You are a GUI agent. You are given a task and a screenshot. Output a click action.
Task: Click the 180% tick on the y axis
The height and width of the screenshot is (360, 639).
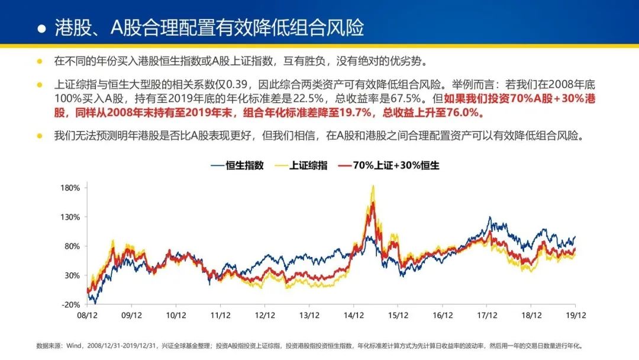tap(70, 188)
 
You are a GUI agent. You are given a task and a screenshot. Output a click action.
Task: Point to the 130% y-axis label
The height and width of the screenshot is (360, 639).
tap(70, 217)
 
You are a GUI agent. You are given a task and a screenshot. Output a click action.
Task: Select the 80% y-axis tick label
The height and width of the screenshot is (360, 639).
tap(72, 246)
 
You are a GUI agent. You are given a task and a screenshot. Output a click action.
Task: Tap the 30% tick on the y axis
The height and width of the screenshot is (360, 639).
tap(72, 275)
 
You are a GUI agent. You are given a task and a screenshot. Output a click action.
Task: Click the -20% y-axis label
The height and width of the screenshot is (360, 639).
tap(71, 304)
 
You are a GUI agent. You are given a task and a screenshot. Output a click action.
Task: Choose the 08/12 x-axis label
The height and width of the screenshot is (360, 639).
tap(87, 316)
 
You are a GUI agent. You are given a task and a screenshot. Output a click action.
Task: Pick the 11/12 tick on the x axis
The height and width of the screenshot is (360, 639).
tap(220, 316)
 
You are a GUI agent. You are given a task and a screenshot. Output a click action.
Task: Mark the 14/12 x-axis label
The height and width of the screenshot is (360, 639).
tap(353, 316)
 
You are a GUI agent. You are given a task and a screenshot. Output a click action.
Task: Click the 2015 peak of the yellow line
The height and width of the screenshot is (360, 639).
tap(373, 186)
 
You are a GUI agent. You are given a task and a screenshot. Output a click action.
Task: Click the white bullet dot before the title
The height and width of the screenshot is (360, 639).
tap(41, 28)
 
